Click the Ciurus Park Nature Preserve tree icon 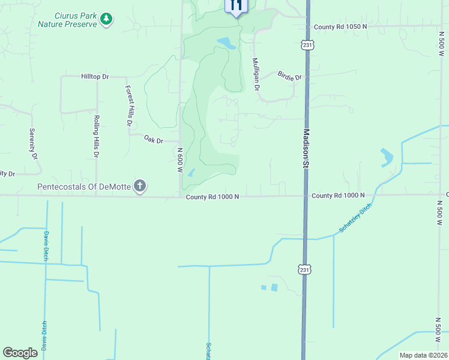coord(106,19)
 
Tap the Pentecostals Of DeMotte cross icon coord(140,186)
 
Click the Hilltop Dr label coord(95,77)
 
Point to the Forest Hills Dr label coord(128,105)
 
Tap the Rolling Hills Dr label coord(96,137)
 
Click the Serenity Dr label coord(34,143)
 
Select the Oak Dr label coord(154,139)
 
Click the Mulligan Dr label coord(256,74)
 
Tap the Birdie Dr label coord(290,76)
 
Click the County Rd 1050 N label coord(340,27)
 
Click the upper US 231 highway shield coord(307,45)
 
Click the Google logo coord(20,353)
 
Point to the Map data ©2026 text coord(423,355)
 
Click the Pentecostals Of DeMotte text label coord(84,187)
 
